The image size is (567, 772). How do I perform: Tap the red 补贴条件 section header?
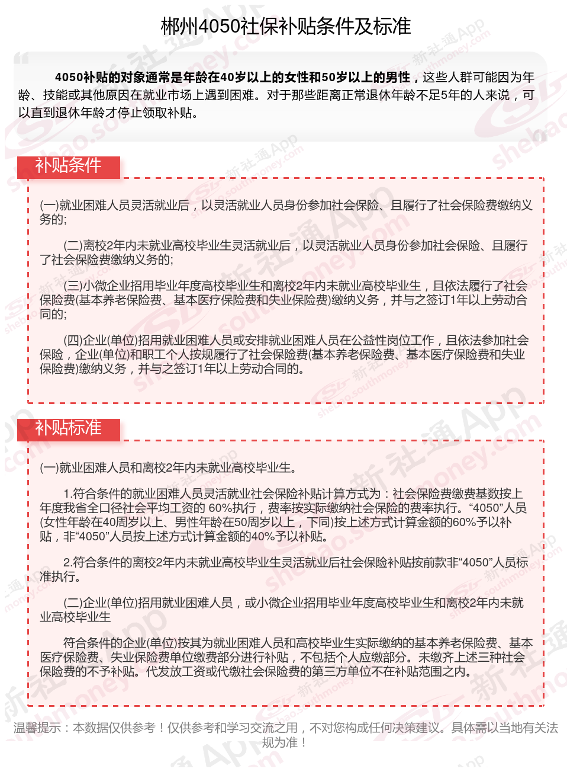(68, 166)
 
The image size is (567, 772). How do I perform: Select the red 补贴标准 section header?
(68, 428)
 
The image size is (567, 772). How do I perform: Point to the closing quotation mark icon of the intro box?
(539, 136)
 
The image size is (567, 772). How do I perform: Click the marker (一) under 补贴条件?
(49, 206)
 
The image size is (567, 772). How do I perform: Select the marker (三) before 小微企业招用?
(73, 286)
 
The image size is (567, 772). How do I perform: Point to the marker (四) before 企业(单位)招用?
(73, 341)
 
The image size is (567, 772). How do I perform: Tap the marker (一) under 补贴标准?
(49, 468)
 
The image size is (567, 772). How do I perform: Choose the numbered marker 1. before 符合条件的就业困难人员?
(67, 494)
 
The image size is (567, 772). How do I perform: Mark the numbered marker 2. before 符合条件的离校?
(67, 563)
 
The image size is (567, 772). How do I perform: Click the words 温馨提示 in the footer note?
(37, 728)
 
